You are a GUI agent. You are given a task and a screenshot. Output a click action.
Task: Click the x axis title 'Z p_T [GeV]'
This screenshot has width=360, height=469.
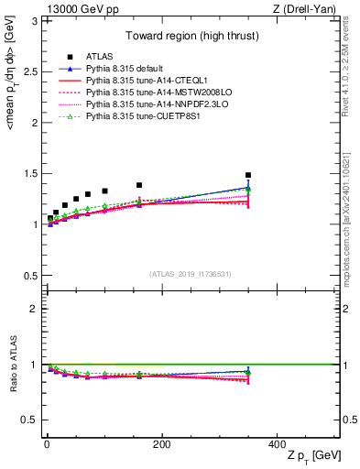(x=314, y=455)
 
